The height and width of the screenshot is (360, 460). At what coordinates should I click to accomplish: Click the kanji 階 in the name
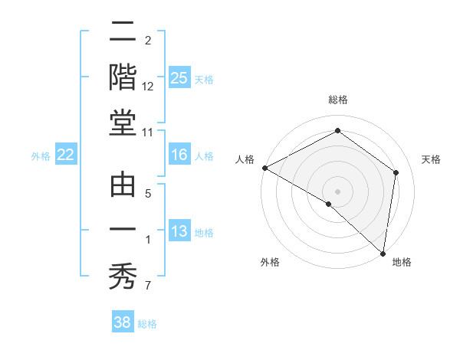pos(123,79)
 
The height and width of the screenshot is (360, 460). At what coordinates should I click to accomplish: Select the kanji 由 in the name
pos(123,185)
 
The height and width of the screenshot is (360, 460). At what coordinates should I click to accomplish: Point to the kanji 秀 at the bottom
pos(123,274)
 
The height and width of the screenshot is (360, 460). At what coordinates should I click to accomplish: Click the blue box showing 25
pos(179,77)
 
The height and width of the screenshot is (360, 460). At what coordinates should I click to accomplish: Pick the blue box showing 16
pos(179,155)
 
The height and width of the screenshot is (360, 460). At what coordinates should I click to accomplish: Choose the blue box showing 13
pos(179,231)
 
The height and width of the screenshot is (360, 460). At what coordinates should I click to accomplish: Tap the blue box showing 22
pos(66,155)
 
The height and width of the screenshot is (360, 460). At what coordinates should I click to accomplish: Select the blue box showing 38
pos(123,322)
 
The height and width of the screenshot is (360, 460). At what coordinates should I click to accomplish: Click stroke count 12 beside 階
pos(149,87)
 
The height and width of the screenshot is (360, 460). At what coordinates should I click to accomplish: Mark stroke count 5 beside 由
pos(149,194)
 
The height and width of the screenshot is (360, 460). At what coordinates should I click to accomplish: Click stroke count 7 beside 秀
pos(149,287)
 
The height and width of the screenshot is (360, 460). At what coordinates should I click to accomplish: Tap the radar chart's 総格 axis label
pos(337,100)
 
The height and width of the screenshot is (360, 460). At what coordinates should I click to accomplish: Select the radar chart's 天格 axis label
pos(431,159)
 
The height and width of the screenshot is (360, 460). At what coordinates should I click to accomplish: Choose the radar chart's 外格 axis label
pos(269,263)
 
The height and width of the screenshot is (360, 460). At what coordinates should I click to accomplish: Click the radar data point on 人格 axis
pos(264,168)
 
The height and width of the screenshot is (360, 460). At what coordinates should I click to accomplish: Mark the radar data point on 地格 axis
pos(383,253)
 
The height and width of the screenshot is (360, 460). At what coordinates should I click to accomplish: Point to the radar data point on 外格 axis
pos(329,204)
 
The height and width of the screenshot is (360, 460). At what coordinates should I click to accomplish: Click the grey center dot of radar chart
pos(337,191)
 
